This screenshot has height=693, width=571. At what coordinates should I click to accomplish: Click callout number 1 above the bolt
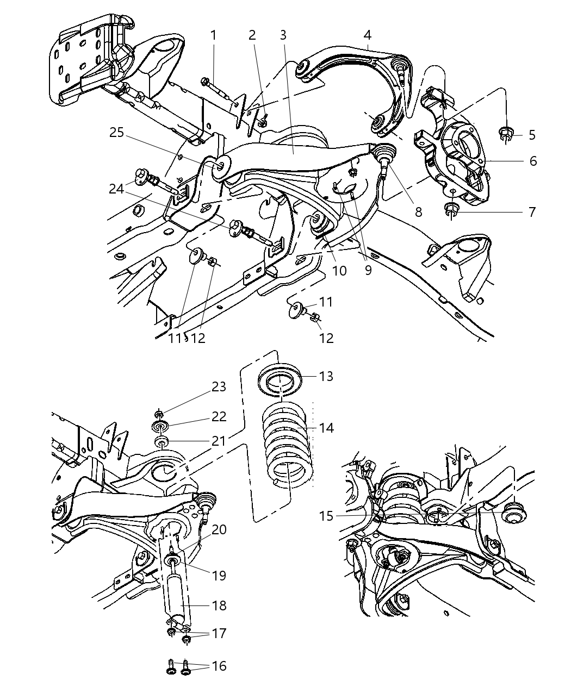(x=214, y=35)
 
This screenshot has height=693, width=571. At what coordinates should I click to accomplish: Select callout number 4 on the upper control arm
(x=368, y=35)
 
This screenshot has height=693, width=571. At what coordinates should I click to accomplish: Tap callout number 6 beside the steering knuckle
(x=532, y=161)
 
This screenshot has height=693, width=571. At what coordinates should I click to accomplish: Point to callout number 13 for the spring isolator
(x=326, y=376)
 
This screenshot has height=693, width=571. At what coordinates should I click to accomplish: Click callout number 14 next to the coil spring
(x=326, y=428)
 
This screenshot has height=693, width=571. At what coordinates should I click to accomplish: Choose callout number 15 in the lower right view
(x=326, y=515)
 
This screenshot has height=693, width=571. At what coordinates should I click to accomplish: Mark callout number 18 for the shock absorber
(x=219, y=605)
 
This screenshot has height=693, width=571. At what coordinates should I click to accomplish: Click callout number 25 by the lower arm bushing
(x=116, y=133)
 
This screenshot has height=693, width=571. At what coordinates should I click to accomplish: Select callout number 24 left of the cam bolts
(x=116, y=189)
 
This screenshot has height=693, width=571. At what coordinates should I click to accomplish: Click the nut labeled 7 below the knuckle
(x=451, y=209)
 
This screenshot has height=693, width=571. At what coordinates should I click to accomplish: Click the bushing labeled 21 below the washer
(x=162, y=440)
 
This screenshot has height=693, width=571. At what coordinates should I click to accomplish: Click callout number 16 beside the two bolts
(x=219, y=666)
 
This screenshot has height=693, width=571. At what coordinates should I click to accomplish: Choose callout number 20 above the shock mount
(x=219, y=529)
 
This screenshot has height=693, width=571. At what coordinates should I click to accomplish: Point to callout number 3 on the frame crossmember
(x=283, y=35)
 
